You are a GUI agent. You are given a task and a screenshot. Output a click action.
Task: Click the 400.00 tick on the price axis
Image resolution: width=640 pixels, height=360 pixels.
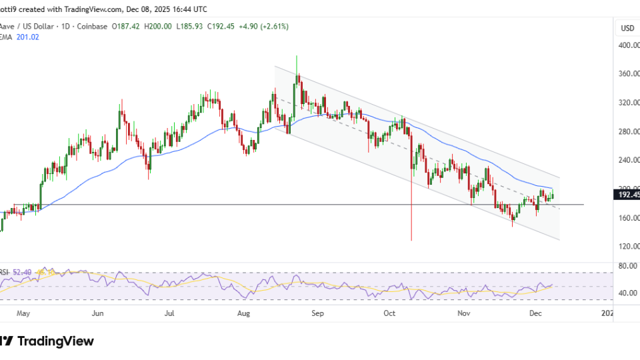point(627,45)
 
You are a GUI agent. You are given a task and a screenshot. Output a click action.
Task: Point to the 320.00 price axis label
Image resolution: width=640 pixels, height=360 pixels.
point(627,103)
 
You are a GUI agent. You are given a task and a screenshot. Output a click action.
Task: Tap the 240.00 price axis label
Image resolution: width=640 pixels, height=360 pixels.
point(627,160)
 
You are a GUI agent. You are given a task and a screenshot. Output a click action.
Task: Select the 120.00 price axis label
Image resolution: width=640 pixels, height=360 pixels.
point(627,246)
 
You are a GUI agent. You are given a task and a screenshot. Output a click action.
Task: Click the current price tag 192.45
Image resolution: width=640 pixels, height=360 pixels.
point(627,195)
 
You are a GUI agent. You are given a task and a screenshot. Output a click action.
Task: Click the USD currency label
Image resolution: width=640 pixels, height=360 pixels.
point(627,28)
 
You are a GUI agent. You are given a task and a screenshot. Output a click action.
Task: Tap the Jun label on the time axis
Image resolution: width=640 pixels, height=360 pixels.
point(97,312)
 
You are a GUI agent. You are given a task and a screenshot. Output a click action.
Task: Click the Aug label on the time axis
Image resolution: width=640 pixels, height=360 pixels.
point(243,312)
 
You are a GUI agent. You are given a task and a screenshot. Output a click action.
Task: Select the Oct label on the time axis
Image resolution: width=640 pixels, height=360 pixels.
point(390,312)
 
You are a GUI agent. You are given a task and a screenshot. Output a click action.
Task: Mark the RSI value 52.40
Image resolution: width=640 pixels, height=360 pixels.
point(24,272)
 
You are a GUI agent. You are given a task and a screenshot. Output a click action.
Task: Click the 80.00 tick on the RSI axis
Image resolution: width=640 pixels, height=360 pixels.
point(627,265)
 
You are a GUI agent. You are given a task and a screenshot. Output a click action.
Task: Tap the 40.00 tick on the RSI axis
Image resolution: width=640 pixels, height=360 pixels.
point(627,293)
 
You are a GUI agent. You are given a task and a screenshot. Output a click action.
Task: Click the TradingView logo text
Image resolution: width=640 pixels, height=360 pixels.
point(55,341)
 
